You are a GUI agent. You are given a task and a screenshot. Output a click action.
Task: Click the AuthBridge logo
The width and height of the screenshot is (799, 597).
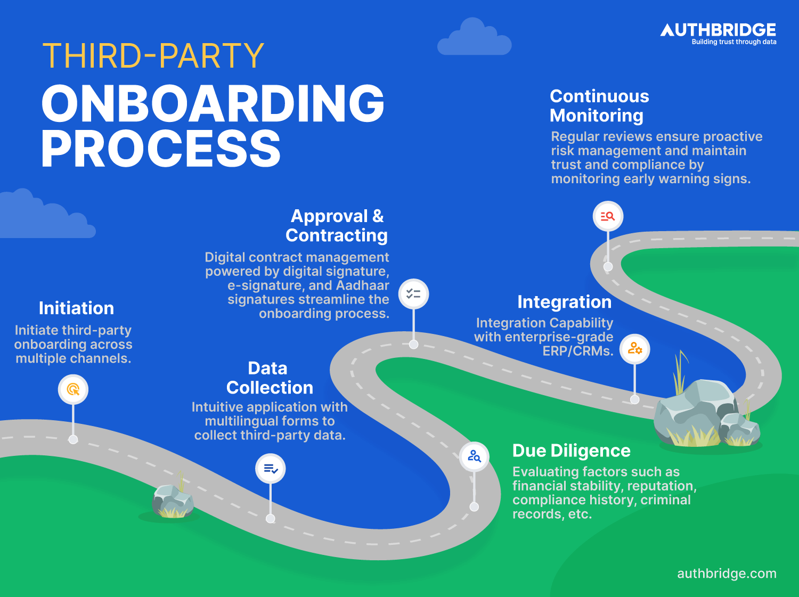point(718,30)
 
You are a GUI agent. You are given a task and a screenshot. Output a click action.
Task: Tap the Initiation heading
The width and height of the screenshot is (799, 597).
point(76,308)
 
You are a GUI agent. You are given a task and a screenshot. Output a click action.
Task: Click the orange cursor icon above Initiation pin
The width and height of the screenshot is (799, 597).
point(73,389)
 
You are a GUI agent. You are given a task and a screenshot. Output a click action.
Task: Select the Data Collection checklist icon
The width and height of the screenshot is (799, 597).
point(271,469)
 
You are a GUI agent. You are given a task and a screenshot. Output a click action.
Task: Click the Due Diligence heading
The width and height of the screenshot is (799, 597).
point(571,451)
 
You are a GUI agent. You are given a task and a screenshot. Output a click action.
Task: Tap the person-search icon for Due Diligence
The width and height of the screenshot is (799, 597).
point(474,456)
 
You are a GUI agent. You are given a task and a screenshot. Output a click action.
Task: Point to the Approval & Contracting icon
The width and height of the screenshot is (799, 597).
point(413,294)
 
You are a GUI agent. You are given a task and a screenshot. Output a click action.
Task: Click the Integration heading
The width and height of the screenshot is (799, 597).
point(564,302)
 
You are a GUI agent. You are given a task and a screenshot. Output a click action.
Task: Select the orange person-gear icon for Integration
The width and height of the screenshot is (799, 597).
point(634,349)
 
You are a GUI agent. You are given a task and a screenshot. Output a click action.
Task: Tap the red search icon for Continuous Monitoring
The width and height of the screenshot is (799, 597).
point(608,216)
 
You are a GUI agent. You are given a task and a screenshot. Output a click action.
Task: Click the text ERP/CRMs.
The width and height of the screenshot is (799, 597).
point(577,351)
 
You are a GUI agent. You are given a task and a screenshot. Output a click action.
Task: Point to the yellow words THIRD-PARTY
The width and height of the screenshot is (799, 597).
point(153,56)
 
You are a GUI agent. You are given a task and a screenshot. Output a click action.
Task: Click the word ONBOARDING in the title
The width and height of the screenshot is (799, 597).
point(213,104)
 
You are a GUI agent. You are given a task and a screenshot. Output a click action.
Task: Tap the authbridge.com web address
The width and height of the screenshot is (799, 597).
point(727,574)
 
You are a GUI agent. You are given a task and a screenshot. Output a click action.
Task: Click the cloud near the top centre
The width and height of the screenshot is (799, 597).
point(474,40)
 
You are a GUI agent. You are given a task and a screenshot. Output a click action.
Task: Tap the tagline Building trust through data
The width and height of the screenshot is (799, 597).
point(733,42)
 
